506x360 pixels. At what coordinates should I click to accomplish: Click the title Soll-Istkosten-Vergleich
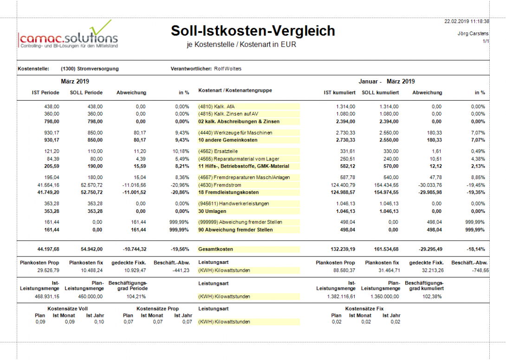(253, 31)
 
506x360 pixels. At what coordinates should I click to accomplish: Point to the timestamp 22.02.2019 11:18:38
(467, 21)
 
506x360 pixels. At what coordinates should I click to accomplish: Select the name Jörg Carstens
(473, 34)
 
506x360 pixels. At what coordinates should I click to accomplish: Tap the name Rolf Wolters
(227, 69)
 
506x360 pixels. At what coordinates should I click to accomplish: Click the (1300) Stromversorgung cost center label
(90, 69)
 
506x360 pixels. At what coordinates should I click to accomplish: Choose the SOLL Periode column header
(86, 92)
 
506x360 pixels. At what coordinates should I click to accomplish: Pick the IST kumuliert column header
(340, 92)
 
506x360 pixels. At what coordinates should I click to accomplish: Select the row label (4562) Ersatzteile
(220, 151)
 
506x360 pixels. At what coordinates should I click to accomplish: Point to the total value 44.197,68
(45, 249)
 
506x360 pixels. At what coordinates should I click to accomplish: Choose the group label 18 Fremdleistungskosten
(228, 192)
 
